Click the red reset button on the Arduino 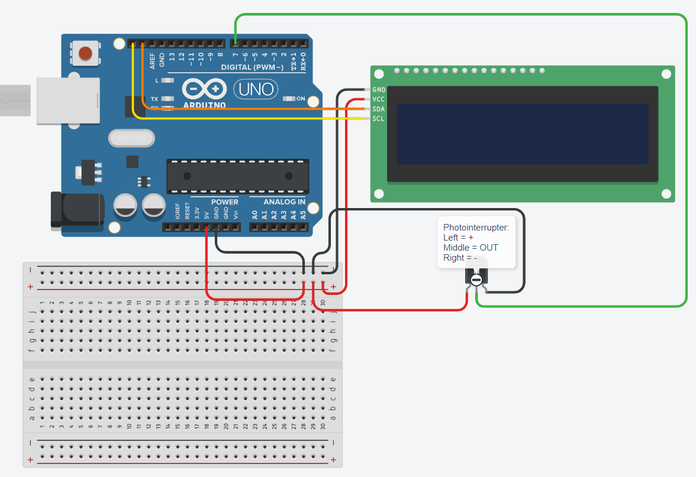coord(86,53)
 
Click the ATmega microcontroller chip coord(237,176)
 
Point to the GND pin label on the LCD coord(379,90)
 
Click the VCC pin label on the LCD coord(379,99)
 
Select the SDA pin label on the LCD coord(379,109)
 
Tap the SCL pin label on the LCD coord(379,119)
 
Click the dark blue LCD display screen coord(522,134)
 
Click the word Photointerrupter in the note coord(476,227)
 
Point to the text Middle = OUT coord(471,247)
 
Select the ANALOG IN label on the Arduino coord(284,202)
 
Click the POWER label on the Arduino coord(224,202)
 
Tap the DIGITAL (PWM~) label coord(255,67)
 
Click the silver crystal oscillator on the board coord(131,138)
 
